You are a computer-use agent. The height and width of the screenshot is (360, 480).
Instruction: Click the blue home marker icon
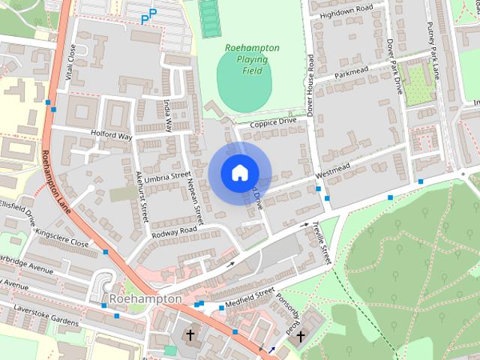238,172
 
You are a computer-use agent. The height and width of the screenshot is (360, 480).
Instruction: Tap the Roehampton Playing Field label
252,59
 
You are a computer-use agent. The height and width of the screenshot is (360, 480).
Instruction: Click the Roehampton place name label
145,298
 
